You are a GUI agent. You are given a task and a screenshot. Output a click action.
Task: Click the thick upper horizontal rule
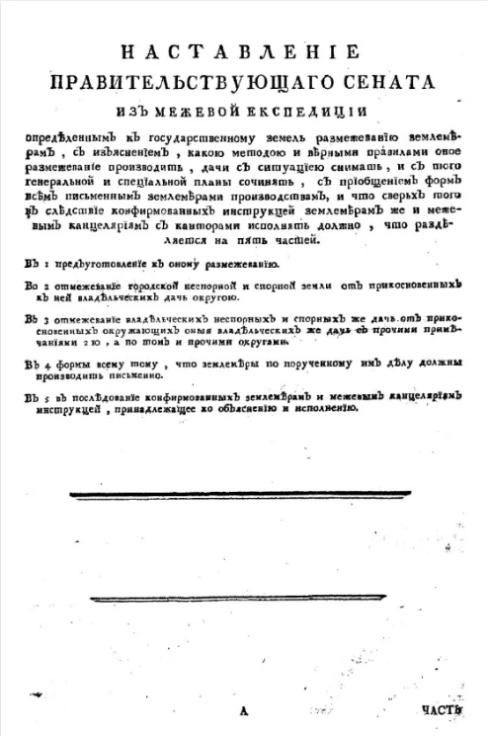click(x=245, y=495)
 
